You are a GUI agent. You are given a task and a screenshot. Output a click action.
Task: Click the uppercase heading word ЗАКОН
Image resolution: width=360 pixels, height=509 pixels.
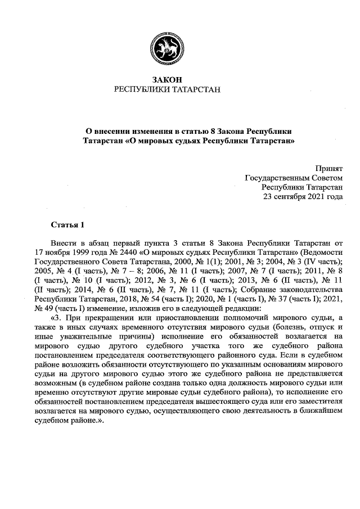[x=168, y=80]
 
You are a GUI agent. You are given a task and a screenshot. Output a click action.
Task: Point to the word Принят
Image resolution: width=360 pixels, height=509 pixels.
[x=329, y=168]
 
